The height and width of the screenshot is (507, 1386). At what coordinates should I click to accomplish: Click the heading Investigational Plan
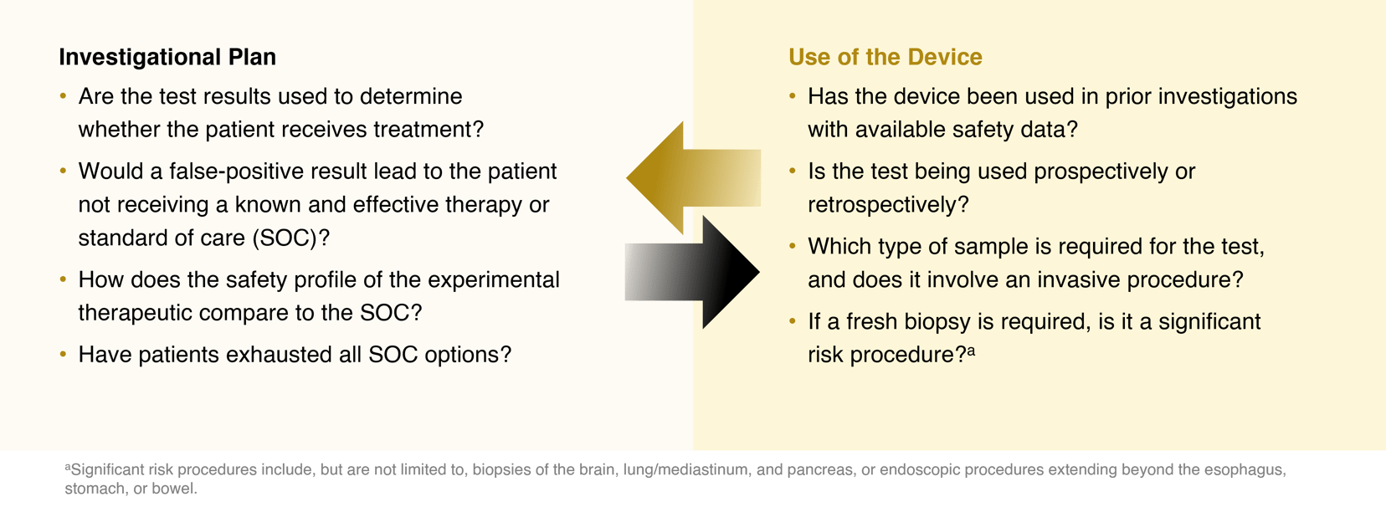[x=167, y=57]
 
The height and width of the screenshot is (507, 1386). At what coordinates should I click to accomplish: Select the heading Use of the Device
[x=885, y=57]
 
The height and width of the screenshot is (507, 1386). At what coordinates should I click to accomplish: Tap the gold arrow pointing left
[x=693, y=178]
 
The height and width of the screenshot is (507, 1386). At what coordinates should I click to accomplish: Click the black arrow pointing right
[x=692, y=272]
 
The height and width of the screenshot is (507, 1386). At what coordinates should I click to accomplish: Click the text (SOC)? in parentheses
[x=290, y=238]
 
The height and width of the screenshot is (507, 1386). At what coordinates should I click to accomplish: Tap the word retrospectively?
[x=888, y=205]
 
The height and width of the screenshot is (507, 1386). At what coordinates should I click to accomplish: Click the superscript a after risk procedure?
[x=971, y=351]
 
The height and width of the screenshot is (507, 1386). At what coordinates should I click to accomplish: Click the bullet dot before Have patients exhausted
[x=63, y=354]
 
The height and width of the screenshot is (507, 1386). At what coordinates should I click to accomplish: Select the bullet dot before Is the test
[x=793, y=172]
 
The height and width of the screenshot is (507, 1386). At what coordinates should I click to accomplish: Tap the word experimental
[x=493, y=280]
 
